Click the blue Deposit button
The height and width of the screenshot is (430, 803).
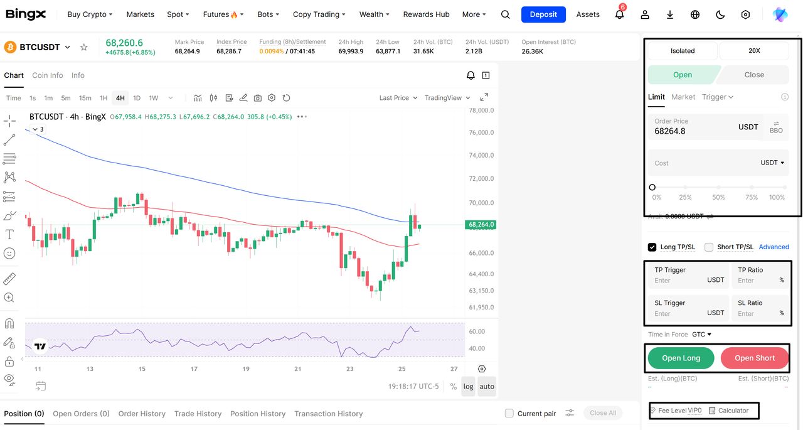coord(543,14)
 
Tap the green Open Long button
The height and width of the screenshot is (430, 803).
coord(681,358)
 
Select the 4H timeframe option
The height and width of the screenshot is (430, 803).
coord(120,98)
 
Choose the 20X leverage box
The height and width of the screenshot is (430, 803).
coord(754,51)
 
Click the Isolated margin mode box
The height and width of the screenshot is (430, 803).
coord(683,51)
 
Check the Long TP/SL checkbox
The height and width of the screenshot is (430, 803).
coord(652,247)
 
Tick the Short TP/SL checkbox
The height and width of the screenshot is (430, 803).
coord(709,247)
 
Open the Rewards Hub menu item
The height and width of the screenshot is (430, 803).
coord(426,14)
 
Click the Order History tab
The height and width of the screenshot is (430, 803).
coord(142,414)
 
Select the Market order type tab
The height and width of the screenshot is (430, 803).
coord(683,97)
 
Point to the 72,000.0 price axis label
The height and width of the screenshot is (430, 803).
coord(481,179)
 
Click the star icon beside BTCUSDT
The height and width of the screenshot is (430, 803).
coord(84,47)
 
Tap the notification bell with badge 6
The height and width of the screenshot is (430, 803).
coord(619,14)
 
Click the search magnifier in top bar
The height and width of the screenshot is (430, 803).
coord(506,14)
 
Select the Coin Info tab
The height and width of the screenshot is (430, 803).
coord(48,75)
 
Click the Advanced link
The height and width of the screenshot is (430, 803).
coord(774,247)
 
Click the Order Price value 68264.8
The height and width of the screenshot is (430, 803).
coord(670,131)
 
